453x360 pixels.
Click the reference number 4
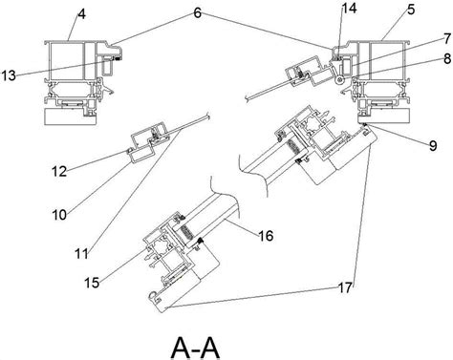click(81, 14)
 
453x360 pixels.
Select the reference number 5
click(411, 10)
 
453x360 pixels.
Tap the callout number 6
click(197, 13)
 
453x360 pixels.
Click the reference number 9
click(433, 146)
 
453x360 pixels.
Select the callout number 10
click(59, 215)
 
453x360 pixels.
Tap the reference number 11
click(81, 254)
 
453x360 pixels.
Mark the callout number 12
click(59, 172)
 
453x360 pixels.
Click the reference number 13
click(9, 75)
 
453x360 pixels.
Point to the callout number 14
click(349, 9)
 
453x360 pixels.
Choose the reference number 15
click(92, 283)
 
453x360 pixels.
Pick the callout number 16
click(266, 236)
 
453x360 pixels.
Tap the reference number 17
click(345, 288)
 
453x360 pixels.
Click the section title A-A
click(195, 349)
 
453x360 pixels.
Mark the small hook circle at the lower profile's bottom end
click(152, 296)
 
